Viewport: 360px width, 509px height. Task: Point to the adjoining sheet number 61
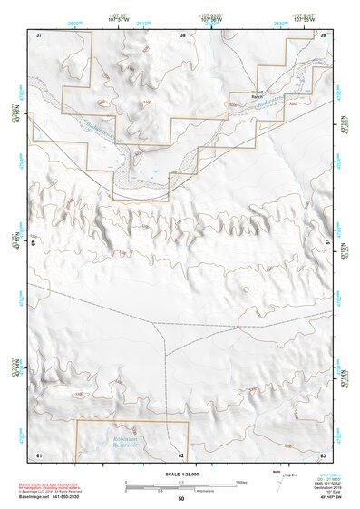point(39,453)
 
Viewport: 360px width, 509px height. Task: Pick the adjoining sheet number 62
point(181,454)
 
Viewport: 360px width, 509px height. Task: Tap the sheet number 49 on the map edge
point(37,244)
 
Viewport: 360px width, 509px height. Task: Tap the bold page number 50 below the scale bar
point(180,498)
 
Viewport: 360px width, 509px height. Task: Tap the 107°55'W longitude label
point(304,20)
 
